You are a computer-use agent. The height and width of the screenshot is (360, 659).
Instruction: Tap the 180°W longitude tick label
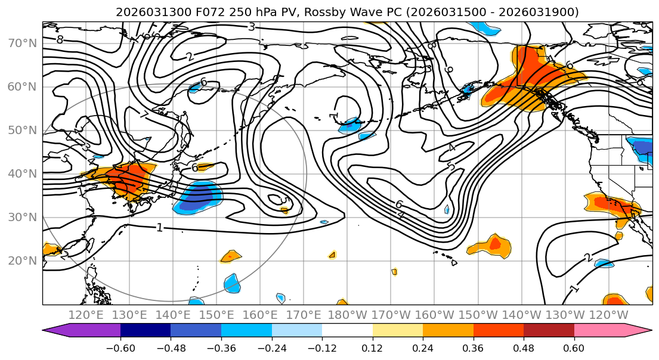tap(346, 315)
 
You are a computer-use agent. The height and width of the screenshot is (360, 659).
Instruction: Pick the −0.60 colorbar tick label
tap(120, 347)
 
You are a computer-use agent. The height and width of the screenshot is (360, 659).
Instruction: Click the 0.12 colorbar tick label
tap(373, 347)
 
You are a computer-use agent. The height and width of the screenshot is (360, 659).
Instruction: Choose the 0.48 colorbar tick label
tap(524, 347)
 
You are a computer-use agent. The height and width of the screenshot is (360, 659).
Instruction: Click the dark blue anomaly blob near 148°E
tap(199, 197)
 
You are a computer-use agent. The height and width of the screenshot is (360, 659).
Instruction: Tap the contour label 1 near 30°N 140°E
tap(159, 228)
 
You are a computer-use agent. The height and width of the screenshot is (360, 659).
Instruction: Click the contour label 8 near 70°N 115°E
tap(60, 40)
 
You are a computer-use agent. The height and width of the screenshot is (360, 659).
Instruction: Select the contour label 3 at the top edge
tap(252, 26)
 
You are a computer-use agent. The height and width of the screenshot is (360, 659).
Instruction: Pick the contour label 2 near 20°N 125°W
tap(587, 257)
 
